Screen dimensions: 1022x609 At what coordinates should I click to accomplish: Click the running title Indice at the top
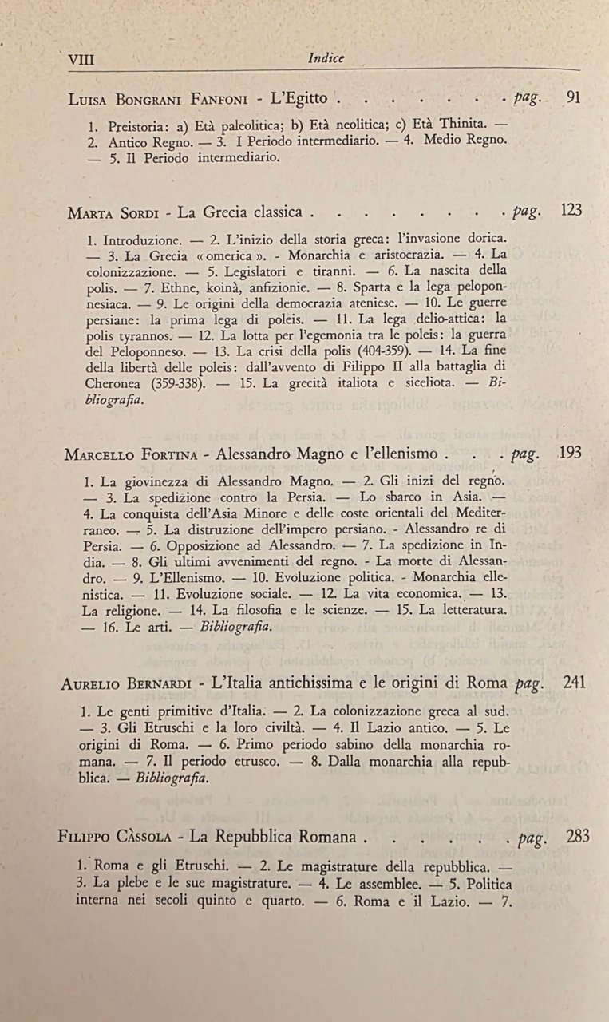click(326, 57)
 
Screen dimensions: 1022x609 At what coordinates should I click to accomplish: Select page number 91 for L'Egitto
click(573, 98)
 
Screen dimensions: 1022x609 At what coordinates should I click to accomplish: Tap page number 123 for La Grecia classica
click(571, 211)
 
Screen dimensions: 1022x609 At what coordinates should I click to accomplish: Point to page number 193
click(571, 453)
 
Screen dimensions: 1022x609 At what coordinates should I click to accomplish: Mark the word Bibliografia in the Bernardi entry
click(174, 778)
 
